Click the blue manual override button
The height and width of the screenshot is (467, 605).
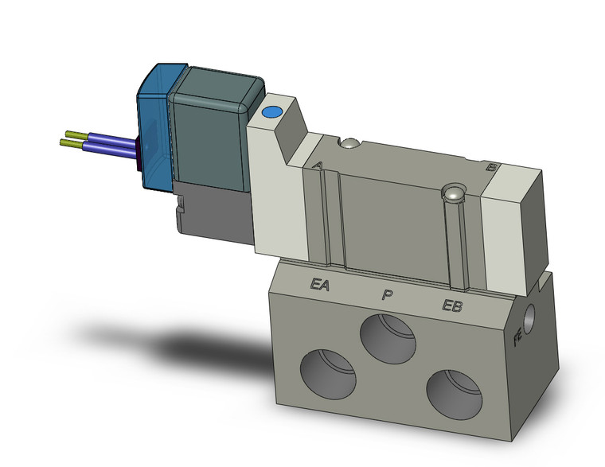coord(272,115)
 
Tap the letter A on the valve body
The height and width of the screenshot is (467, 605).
coord(318,165)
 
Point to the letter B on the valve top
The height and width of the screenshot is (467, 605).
coord(492,167)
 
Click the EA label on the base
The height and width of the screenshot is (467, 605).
coord(320,283)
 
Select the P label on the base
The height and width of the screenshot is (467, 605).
coord(387,295)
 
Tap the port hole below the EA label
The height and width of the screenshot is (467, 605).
coord(328,370)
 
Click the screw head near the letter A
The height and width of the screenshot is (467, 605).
coord(347,144)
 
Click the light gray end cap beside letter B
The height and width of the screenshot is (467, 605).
coord(516,211)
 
